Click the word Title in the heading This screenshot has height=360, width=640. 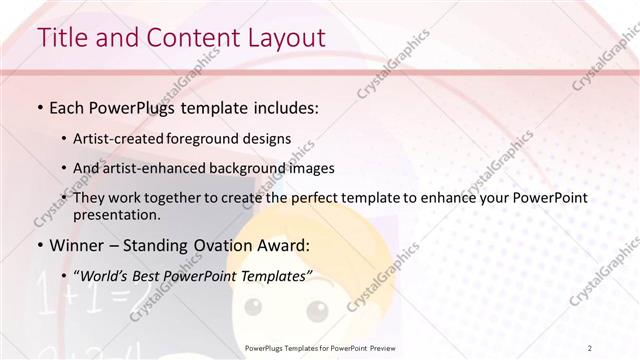click(x=62, y=38)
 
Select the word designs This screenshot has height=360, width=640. click(x=268, y=139)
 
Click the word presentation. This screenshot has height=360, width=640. click(x=116, y=214)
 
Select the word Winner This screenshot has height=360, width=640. click(x=76, y=245)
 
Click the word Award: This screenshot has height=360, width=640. click(x=285, y=245)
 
